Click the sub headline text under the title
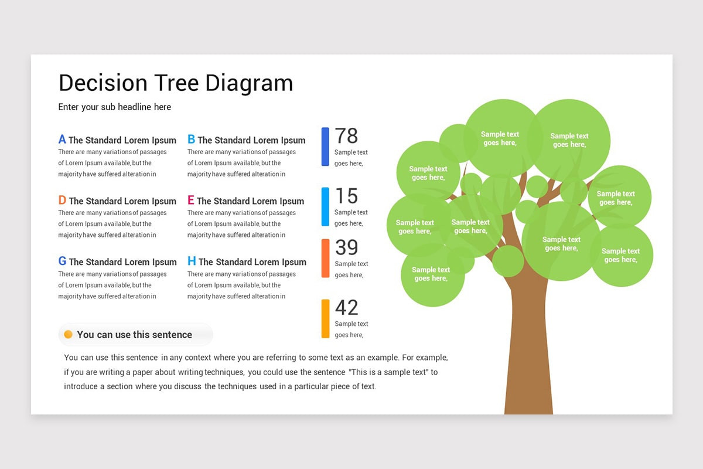click(x=115, y=107)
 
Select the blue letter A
click(x=62, y=140)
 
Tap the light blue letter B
click(x=191, y=140)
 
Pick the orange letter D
click(x=62, y=200)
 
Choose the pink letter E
click(x=191, y=200)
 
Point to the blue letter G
click(x=62, y=261)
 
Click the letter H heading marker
click(x=192, y=261)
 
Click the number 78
click(x=346, y=136)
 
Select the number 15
click(x=346, y=196)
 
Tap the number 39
click(x=346, y=247)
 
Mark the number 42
click(x=346, y=308)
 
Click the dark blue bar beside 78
click(x=325, y=147)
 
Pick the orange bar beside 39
click(x=325, y=258)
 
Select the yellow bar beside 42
click(x=325, y=318)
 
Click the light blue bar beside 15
click(x=325, y=206)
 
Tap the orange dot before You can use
click(x=68, y=334)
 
